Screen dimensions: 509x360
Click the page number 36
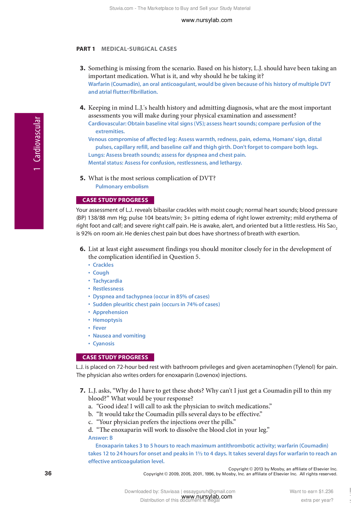point(48,473)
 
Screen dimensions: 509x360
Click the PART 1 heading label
point(85,49)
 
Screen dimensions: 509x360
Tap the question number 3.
point(82,68)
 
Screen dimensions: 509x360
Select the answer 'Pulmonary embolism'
point(122,187)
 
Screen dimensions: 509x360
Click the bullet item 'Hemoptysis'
point(107,320)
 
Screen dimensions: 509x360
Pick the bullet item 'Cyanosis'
point(103,344)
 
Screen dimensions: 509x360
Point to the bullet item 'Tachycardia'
point(107,281)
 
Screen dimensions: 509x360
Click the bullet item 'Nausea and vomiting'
point(119,336)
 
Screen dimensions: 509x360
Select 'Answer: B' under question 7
point(100,438)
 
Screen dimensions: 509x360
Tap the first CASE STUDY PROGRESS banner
point(115,200)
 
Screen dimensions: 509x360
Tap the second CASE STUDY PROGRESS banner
point(115,357)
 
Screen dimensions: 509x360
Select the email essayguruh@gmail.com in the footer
point(209,491)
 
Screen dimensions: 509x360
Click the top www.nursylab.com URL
point(206,20)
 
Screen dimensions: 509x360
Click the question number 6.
point(82,249)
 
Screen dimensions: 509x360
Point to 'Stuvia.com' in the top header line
point(121,8)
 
